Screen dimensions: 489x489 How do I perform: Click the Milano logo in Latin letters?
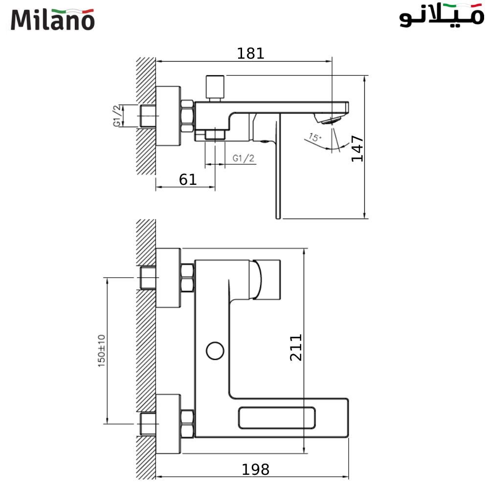coord(52,20)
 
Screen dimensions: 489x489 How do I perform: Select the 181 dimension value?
coord(250,53)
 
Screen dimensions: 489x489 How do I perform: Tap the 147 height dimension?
coord(357,149)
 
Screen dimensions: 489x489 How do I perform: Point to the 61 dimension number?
coord(188,179)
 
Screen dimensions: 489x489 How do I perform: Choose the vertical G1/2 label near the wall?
coord(117,116)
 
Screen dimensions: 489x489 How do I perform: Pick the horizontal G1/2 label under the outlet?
coord(244,158)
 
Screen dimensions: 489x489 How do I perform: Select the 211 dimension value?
coord(296,347)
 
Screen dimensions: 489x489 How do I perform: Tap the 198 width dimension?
coord(256,469)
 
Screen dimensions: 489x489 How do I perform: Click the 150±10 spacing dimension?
coord(102,351)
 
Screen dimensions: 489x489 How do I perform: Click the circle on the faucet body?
coord(214,351)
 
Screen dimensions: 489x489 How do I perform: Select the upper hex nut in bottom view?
coord(187,278)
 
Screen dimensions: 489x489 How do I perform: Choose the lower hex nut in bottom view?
coord(187,423)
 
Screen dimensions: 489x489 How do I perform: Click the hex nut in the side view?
coord(187,116)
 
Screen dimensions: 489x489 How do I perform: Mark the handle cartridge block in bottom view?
coord(267,279)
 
